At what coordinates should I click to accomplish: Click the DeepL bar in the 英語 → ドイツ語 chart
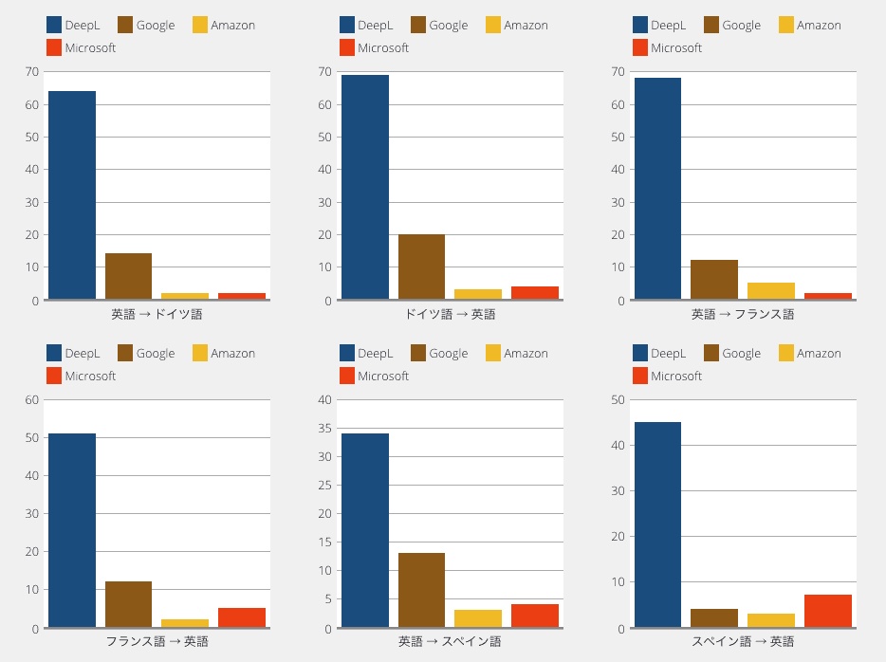tap(72, 194)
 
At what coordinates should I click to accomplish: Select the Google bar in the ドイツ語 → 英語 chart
tap(421, 267)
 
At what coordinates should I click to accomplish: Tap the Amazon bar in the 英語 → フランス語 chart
tap(770, 291)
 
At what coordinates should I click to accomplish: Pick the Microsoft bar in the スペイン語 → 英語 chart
tap(828, 611)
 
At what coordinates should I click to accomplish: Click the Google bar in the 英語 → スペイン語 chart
tap(421, 590)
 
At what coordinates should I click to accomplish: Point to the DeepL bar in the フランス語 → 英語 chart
tap(72, 530)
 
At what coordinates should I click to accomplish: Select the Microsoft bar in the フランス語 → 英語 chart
tap(242, 617)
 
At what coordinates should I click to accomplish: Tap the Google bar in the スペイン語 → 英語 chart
tap(714, 618)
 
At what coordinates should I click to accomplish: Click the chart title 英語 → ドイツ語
tap(157, 314)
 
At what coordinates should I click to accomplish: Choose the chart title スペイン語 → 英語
tap(743, 641)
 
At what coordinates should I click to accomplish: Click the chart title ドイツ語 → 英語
tap(450, 314)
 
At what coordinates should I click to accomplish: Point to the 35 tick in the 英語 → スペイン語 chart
tap(325, 428)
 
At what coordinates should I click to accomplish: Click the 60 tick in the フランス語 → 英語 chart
tap(31, 400)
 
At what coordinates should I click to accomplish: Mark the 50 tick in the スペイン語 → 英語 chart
tap(618, 400)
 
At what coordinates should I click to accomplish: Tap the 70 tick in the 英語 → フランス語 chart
tap(618, 72)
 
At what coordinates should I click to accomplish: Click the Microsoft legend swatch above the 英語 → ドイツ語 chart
tap(54, 47)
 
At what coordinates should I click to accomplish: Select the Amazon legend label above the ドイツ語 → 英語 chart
tap(526, 26)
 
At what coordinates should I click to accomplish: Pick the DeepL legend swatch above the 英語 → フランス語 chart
tap(640, 25)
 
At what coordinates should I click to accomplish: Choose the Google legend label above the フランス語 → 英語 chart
tap(156, 354)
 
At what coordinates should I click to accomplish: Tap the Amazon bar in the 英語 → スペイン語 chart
tap(478, 618)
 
